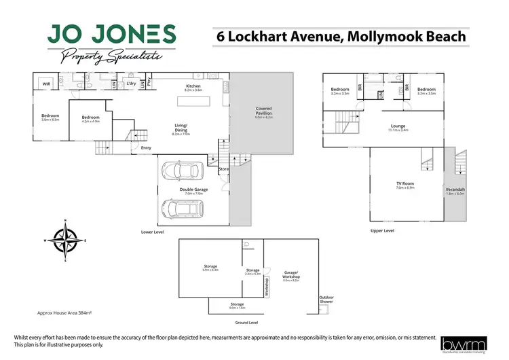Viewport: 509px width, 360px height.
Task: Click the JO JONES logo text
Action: pos(112,34)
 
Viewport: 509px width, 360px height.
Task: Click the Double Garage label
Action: pos(193,190)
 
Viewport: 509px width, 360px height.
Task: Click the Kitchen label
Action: pos(193,86)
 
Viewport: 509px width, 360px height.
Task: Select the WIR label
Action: pos(47,84)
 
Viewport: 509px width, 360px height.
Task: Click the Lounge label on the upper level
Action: pos(398,126)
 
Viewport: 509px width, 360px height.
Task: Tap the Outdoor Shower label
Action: pos(327,299)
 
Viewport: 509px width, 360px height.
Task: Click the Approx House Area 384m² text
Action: pos(64,313)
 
